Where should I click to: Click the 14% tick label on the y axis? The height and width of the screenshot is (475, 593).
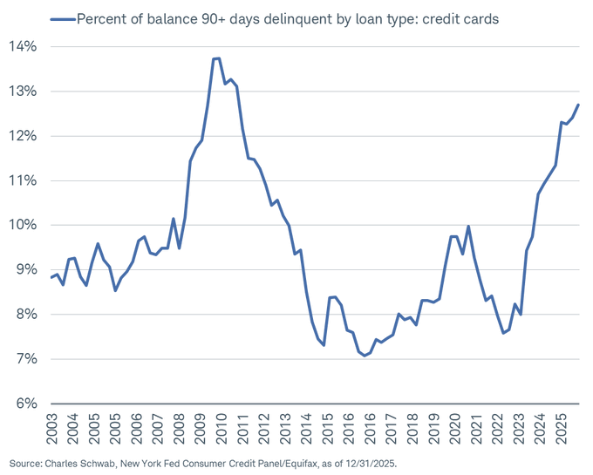[23, 46]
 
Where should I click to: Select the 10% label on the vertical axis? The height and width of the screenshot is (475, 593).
[23, 225]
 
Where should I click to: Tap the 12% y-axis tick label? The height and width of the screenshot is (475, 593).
[23, 136]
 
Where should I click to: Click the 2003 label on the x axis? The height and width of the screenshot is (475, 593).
[52, 428]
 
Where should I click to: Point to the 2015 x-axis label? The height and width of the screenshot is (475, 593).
[327, 428]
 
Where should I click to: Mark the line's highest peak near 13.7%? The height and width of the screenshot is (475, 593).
[216, 58]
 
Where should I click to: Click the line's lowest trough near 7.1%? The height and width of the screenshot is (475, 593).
[365, 356]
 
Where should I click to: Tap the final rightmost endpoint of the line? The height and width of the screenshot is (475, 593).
[578, 105]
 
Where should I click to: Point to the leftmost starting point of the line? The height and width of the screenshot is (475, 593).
[51, 278]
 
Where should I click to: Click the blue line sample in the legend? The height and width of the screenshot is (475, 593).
[62, 17]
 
